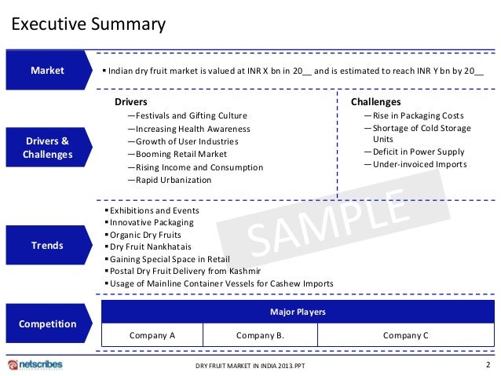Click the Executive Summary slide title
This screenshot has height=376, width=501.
click(88, 24)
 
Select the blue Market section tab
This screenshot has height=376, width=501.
click(47, 71)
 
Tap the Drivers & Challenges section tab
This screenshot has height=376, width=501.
click(47, 148)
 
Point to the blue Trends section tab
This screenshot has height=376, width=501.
click(47, 246)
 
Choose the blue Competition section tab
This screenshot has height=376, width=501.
click(47, 323)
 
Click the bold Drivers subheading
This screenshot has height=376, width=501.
click(130, 102)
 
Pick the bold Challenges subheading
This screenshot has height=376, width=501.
click(375, 102)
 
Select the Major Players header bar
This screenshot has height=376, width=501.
click(298, 312)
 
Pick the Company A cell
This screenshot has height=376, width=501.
click(152, 335)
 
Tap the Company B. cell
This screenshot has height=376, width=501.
click(260, 335)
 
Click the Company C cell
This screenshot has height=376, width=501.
click(405, 335)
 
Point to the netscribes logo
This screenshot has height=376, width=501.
click(35, 365)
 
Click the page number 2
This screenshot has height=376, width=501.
click(488, 365)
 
